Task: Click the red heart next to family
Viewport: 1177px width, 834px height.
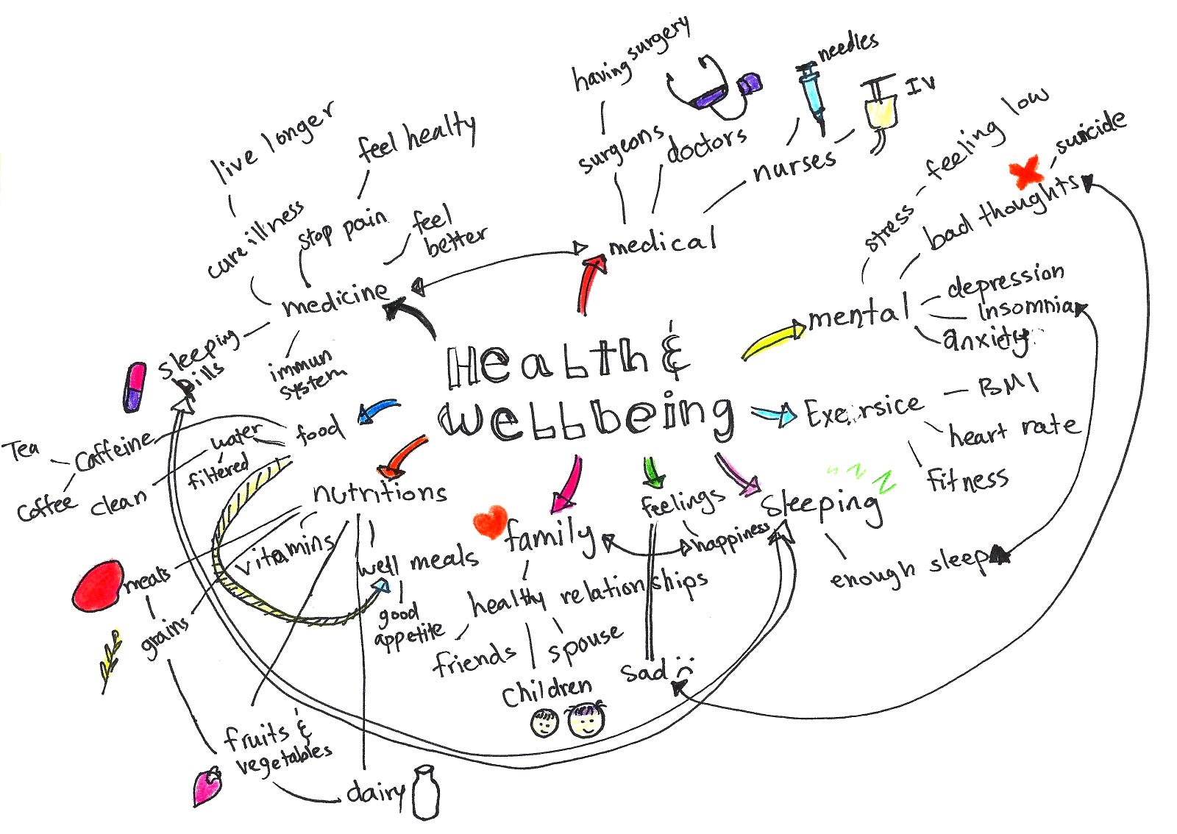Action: [x=490, y=522]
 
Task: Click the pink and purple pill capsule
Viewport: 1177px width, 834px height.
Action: [x=135, y=387]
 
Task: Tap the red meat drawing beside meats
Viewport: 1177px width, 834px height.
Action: [x=98, y=586]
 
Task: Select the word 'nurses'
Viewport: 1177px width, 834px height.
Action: [x=794, y=165]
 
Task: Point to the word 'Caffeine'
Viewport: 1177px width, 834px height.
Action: [x=114, y=451]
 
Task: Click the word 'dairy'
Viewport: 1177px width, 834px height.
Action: [x=375, y=792]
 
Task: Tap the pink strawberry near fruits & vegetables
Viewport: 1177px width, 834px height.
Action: [x=207, y=785]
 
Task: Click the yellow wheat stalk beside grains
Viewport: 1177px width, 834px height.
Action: [x=112, y=659]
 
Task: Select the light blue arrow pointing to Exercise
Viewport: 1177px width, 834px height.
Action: [x=774, y=414]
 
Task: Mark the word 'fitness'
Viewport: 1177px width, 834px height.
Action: [x=967, y=480]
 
